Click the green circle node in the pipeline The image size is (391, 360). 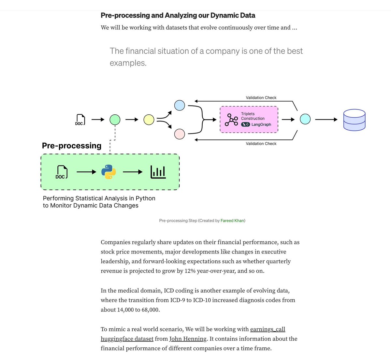[115, 120]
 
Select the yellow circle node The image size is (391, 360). [149, 120]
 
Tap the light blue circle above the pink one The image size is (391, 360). [180, 105]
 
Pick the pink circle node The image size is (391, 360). [180, 134]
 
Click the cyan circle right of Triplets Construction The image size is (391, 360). [305, 119]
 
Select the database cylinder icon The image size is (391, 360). [355, 120]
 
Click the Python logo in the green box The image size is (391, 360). [109, 172]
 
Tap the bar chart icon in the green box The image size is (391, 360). [158, 172]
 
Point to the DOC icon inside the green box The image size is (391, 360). [62, 172]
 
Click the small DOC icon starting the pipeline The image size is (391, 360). [80, 120]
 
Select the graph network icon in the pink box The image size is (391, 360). [231, 120]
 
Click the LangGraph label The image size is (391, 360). [261, 124]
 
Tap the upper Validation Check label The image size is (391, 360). [261, 98]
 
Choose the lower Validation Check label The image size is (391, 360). [261, 144]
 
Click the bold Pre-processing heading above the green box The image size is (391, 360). [72, 146]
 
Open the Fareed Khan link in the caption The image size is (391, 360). [232, 221]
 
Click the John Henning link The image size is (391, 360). [188, 339]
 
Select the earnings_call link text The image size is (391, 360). [268, 329]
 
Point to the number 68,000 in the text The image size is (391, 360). [150, 310]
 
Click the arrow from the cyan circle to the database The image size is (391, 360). [326, 120]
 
